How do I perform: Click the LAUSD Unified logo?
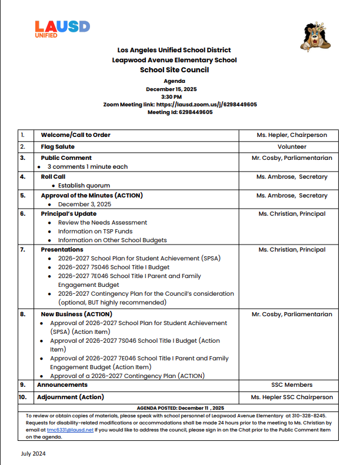[x=62, y=29]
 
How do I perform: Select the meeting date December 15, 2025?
[x=171, y=89]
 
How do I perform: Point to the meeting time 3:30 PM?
[x=171, y=96]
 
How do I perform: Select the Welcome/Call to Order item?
[x=75, y=135]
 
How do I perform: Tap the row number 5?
[x=23, y=195]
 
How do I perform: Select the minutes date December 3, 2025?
[x=84, y=204]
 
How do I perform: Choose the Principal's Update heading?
[x=68, y=213]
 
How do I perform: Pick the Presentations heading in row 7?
[x=62, y=250]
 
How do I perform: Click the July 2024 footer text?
[x=34, y=453]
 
